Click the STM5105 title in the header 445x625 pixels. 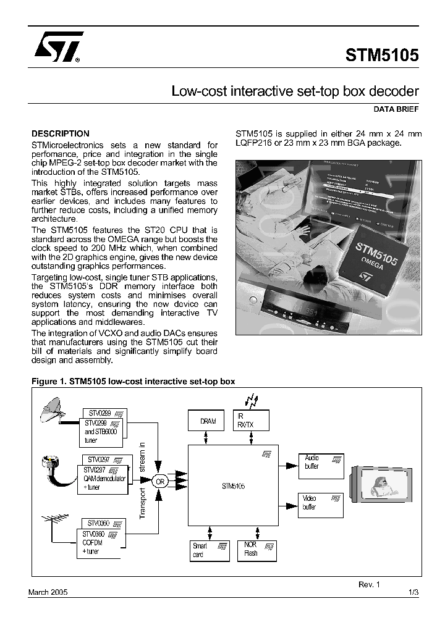(x=382, y=54)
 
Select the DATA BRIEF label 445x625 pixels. (x=396, y=109)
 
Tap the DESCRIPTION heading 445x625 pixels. (x=61, y=133)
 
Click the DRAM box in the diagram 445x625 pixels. (x=208, y=421)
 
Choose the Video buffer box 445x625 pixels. (x=321, y=505)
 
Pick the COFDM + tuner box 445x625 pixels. (x=100, y=544)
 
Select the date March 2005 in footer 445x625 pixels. (x=48, y=592)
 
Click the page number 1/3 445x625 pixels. (x=413, y=592)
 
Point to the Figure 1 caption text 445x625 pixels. (x=133, y=382)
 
